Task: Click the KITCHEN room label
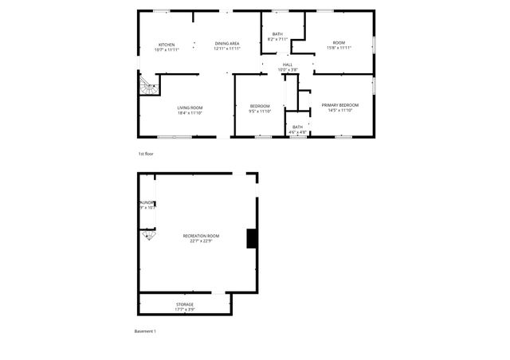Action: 167,45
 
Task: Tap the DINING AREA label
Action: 227,45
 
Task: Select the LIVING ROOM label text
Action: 190,108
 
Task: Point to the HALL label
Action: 288,65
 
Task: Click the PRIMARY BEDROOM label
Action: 340,105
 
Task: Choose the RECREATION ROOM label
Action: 201,236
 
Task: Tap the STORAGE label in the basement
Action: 185,304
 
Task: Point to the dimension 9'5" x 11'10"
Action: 261,112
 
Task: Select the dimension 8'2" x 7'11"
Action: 277,39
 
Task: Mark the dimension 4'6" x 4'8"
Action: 297,131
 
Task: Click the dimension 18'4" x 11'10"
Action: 190,112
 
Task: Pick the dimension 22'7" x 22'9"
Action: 201,241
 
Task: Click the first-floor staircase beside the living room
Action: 147,84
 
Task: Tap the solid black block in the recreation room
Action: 252,238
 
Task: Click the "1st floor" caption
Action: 145,153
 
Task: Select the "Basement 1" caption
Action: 145,331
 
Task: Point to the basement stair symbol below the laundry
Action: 148,235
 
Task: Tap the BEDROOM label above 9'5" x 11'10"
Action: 260,106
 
